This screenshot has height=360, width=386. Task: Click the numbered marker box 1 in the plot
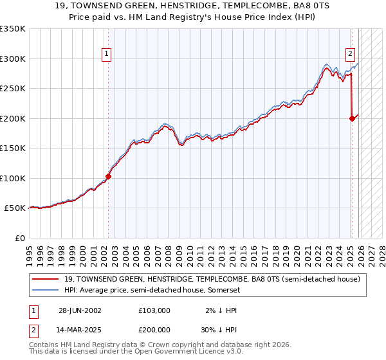[107, 55]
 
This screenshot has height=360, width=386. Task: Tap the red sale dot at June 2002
[108, 177]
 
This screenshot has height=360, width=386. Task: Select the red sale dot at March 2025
[352, 118]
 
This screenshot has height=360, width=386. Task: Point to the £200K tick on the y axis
[13, 118]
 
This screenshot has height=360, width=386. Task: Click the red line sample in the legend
[46, 279]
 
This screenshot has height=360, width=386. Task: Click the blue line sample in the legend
[46, 290]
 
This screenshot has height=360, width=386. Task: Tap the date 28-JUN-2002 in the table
[80, 310]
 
